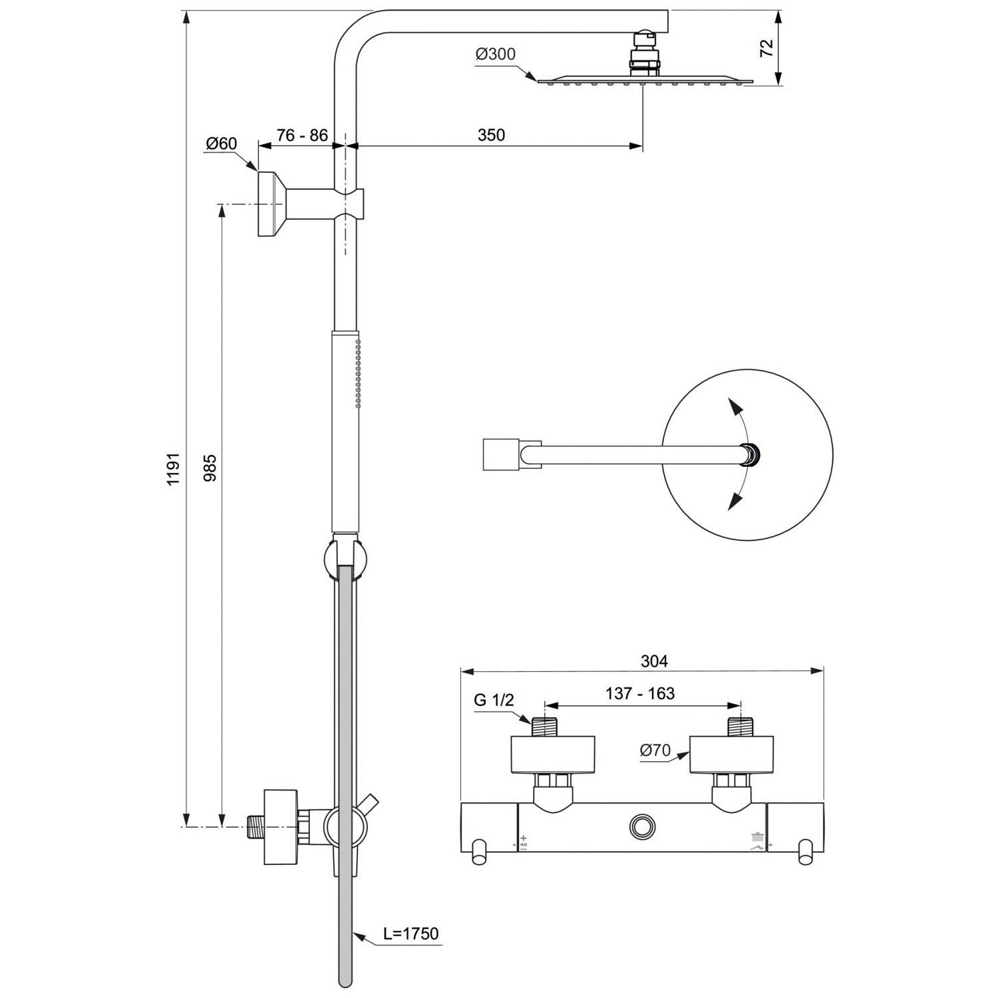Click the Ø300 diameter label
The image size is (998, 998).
point(496,54)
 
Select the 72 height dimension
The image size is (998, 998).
point(767,47)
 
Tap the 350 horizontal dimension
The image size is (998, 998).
point(491,134)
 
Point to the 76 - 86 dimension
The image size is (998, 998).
point(302,135)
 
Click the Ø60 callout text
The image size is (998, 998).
point(222,143)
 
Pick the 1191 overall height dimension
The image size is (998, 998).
point(174,469)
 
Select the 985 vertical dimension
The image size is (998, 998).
point(210,468)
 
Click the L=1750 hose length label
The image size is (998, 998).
point(411,933)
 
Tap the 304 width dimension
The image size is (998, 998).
point(654,661)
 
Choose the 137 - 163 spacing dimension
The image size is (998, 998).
point(640,693)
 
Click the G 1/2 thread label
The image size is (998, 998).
point(494,700)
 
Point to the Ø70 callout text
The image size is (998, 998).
point(655,750)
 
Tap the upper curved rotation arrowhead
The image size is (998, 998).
point(734,407)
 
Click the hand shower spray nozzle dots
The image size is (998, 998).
point(358,373)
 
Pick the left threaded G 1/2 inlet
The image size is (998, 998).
point(544,727)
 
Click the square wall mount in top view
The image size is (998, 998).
point(501,454)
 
